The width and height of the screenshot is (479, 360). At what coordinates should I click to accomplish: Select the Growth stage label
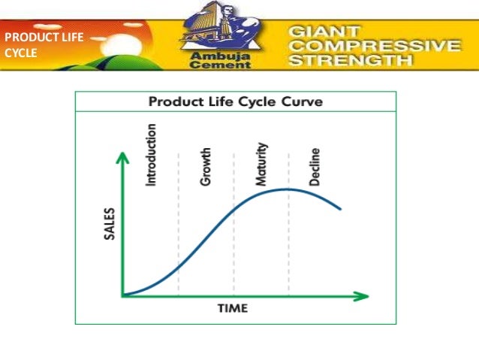206,166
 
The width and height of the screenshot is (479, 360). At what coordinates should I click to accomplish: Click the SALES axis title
109,224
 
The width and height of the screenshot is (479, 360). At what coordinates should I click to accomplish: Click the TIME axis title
233,308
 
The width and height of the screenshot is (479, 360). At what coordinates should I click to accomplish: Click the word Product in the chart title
173,101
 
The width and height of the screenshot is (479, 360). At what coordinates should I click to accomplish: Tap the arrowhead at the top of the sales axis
119,156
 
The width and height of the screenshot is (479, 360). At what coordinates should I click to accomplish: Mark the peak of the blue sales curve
287,189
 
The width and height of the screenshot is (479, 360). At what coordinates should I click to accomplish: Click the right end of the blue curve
341,209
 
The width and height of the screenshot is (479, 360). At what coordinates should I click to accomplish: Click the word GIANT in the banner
324,31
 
